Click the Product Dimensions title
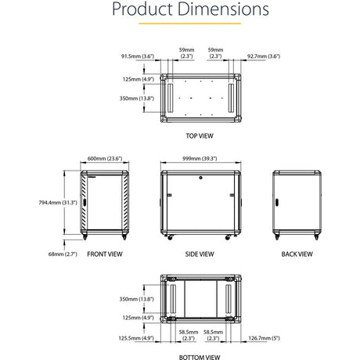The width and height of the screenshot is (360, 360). pyautogui.click(x=180, y=10)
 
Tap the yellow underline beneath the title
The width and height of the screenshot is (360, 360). pyautogui.click(x=180, y=25)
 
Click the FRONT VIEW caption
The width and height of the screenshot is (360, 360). pyautogui.click(x=104, y=254)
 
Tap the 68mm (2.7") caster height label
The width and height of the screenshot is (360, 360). pyautogui.click(x=62, y=254)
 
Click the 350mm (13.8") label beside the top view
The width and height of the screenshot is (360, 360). pyautogui.click(x=128, y=99)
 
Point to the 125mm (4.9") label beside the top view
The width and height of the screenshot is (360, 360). pyautogui.click(x=128, y=78)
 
